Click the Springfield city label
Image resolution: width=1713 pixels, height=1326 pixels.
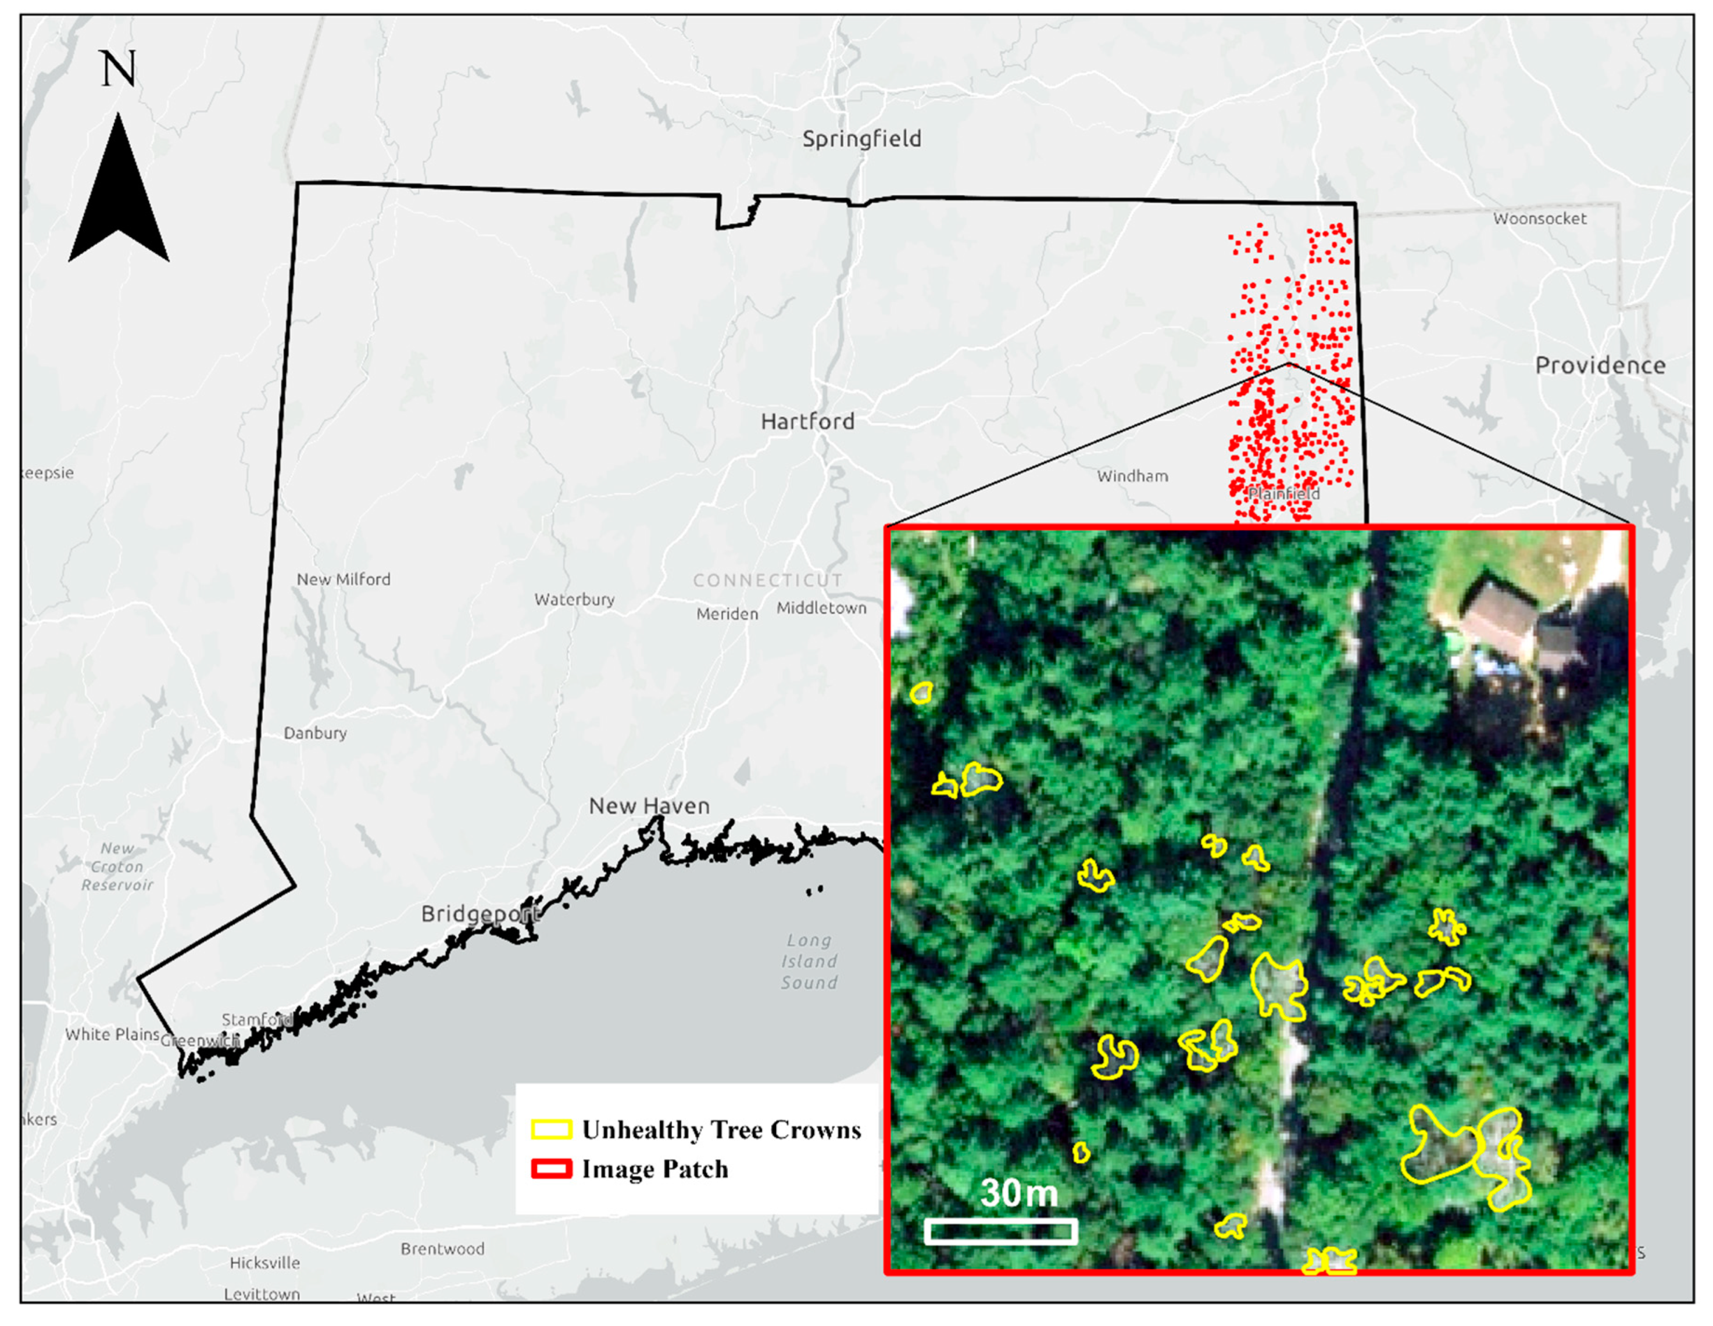(861, 139)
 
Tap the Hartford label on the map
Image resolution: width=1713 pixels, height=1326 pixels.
(807, 421)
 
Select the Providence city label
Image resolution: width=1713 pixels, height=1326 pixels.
(1600, 365)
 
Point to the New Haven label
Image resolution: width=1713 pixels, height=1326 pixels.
(649, 805)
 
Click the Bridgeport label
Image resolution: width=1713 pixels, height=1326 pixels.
(480, 913)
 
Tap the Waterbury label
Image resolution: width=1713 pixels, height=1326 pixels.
(574, 599)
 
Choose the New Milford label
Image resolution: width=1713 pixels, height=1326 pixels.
(343, 579)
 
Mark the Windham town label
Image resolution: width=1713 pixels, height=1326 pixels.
(1132, 475)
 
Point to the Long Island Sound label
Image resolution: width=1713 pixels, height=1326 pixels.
(809, 961)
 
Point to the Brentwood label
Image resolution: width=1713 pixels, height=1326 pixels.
(442, 1248)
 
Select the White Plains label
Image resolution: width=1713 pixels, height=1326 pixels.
(112, 1034)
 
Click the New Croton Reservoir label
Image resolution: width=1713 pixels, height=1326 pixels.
(117, 866)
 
